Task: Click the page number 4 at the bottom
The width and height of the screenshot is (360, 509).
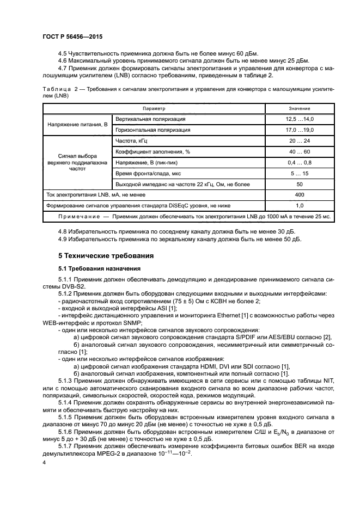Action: [x=44, y=462]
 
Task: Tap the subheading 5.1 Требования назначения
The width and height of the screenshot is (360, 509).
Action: [x=100, y=268]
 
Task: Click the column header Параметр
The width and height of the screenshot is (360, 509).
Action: [x=154, y=108]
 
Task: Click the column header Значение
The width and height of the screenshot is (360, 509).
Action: [x=299, y=108]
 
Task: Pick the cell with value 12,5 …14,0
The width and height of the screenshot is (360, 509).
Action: [x=299, y=119]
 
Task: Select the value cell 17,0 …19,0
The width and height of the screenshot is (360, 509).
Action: [x=299, y=130]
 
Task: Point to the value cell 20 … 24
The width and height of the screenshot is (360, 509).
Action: [x=299, y=141]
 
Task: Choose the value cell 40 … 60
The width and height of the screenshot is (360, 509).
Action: [x=299, y=151]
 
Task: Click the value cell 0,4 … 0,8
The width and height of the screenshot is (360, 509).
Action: [x=299, y=162]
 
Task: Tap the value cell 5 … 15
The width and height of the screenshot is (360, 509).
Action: [x=299, y=173]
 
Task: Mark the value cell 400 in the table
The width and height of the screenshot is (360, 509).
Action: [x=299, y=194]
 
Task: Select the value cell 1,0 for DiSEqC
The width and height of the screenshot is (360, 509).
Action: [x=299, y=205]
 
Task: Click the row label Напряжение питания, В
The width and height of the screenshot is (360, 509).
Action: [x=77, y=125]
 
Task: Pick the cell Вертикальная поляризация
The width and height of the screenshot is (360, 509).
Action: [x=150, y=119]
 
